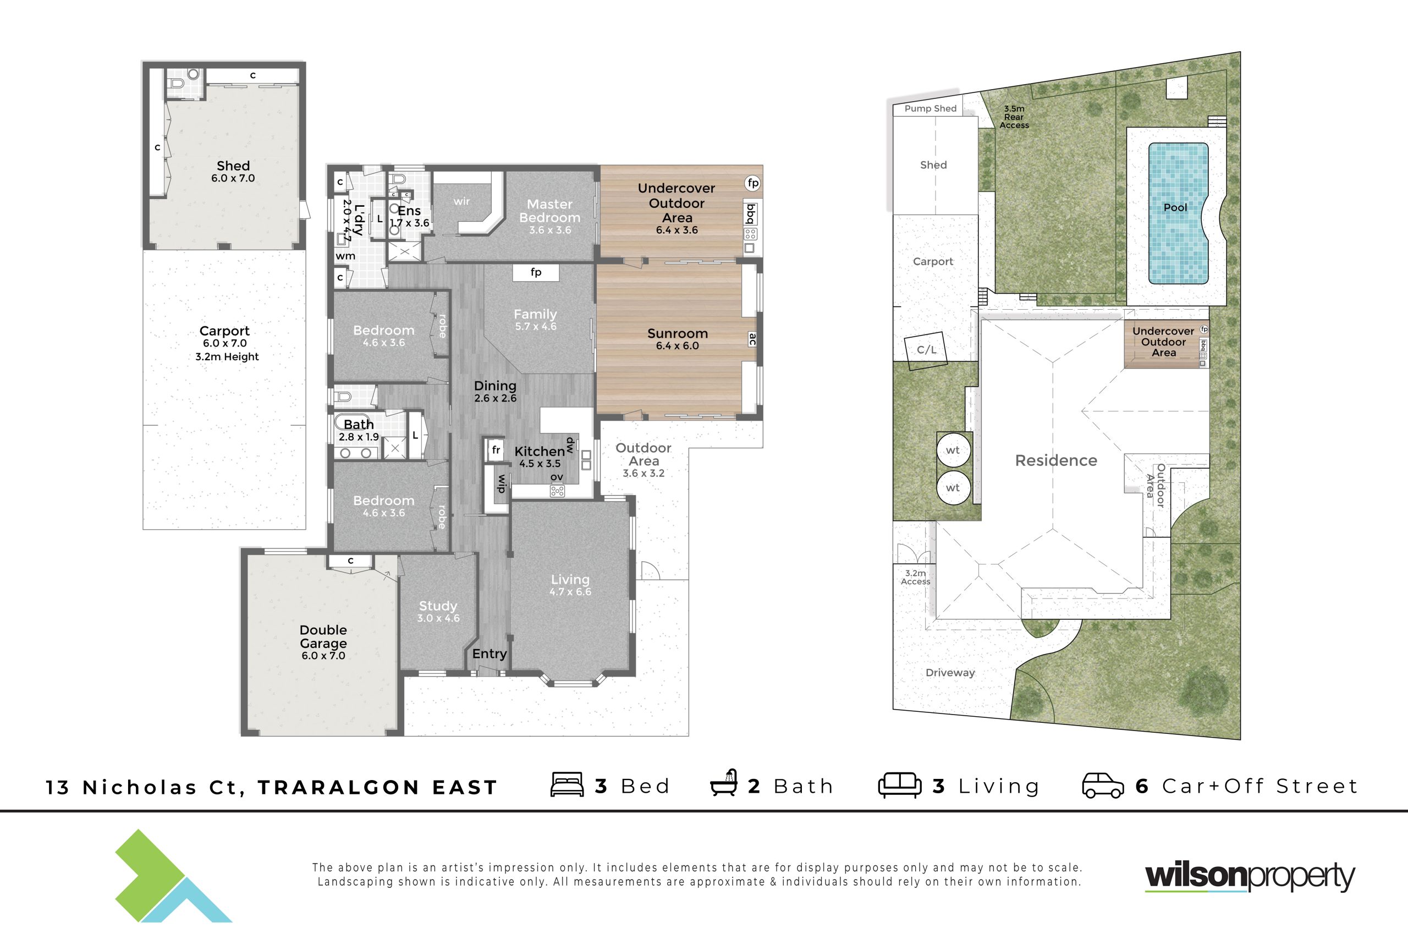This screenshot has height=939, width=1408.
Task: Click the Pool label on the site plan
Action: pyautogui.click(x=1175, y=208)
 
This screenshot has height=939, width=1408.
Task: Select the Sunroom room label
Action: pyautogui.click(x=677, y=333)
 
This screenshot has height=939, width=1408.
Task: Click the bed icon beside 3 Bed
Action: pyautogui.click(x=567, y=784)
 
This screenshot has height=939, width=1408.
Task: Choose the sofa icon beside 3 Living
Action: pyautogui.click(x=900, y=785)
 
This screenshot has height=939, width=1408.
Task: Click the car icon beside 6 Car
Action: pyautogui.click(x=1103, y=786)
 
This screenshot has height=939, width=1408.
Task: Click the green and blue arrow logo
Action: pyautogui.click(x=174, y=876)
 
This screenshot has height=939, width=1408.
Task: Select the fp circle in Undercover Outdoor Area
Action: pyautogui.click(x=752, y=183)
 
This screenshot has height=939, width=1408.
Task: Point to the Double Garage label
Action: pyautogui.click(x=323, y=636)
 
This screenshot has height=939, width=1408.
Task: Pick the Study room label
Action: pyautogui.click(x=438, y=606)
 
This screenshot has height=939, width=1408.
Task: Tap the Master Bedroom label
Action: pyautogui.click(x=549, y=211)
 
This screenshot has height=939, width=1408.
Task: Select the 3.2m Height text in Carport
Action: pyautogui.click(x=227, y=357)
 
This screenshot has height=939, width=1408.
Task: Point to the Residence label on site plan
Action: pyautogui.click(x=1056, y=460)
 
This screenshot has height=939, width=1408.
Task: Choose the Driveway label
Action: pyautogui.click(x=950, y=673)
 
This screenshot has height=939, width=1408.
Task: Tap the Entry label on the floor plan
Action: pyautogui.click(x=489, y=654)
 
